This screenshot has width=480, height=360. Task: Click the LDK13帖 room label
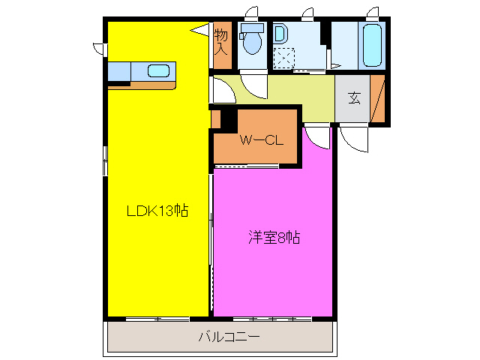[156, 211]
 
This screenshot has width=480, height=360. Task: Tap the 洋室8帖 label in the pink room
[274, 238]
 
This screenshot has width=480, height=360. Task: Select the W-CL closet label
[259, 139]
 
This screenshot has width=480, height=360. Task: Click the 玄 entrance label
[353, 97]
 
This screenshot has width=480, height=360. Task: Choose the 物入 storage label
[221, 41]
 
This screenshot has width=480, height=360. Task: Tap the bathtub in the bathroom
[373, 46]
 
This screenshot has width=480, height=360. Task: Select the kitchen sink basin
[158, 71]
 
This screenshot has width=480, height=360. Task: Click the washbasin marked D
[280, 34]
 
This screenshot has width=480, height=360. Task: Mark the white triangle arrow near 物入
[199, 30]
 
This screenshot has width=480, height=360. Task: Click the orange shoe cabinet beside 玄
[378, 98]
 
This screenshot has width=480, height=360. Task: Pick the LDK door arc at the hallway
[221, 91]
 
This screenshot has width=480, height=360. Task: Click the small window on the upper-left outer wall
[100, 48]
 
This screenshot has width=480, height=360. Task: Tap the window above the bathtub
[372, 12]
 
